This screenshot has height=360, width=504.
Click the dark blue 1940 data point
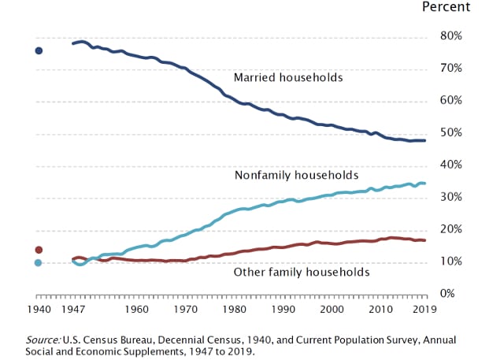[x=38, y=51]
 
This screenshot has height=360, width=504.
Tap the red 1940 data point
[x=38, y=250]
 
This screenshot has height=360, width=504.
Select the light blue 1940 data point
[x=38, y=262]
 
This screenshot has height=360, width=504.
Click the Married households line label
[x=288, y=78]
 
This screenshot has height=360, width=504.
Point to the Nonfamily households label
[x=296, y=175]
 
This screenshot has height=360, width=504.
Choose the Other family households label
[x=302, y=273]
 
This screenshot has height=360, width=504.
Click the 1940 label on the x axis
[x=38, y=310]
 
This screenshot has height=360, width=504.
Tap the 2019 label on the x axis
[x=426, y=310]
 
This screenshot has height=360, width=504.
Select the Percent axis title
[x=446, y=7]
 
